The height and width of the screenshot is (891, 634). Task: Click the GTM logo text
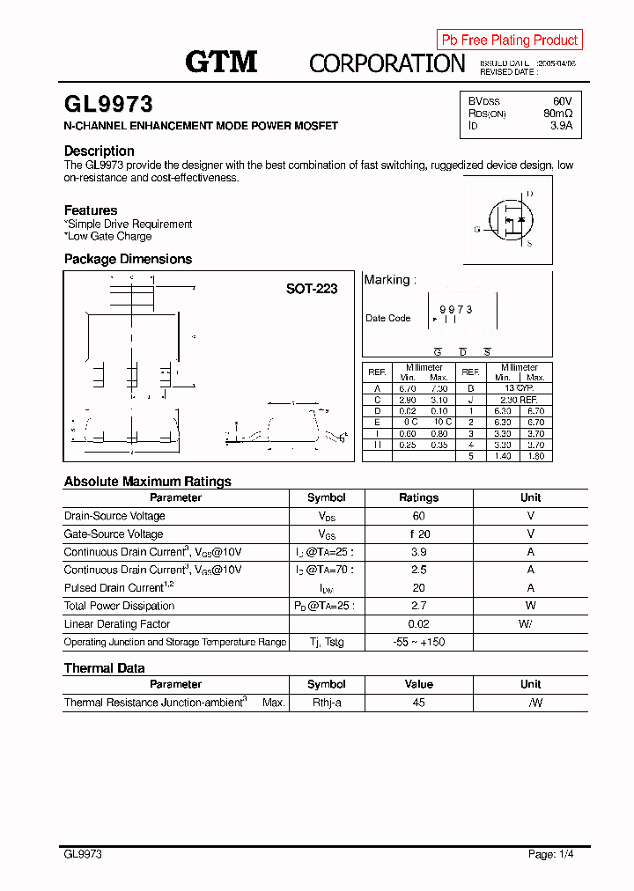click(x=221, y=62)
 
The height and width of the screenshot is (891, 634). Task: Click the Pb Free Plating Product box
click(x=509, y=40)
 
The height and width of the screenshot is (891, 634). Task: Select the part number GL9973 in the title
click(x=108, y=105)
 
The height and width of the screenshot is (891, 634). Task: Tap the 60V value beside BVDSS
click(x=562, y=101)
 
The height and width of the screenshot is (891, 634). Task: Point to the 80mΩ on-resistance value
click(x=557, y=114)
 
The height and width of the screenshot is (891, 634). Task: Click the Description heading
click(x=100, y=151)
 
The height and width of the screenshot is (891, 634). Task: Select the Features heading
click(x=91, y=210)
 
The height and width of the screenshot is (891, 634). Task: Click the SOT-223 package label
click(x=312, y=288)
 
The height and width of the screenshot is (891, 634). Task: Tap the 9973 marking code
click(x=456, y=310)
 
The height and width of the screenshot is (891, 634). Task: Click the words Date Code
click(x=388, y=319)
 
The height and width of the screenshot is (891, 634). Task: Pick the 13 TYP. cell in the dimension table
click(x=519, y=388)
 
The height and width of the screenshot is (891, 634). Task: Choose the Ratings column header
click(x=418, y=497)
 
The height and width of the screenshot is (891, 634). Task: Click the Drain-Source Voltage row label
click(x=114, y=516)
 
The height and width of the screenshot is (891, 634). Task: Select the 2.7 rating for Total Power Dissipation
click(x=418, y=606)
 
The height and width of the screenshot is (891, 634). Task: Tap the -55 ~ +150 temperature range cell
click(x=418, y=642)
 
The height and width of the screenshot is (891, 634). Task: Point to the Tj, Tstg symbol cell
click(x=326, y=642)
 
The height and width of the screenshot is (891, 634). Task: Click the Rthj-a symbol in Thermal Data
click(x=326, y=703)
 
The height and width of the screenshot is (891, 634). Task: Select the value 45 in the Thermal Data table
click(x=418, y=703)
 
